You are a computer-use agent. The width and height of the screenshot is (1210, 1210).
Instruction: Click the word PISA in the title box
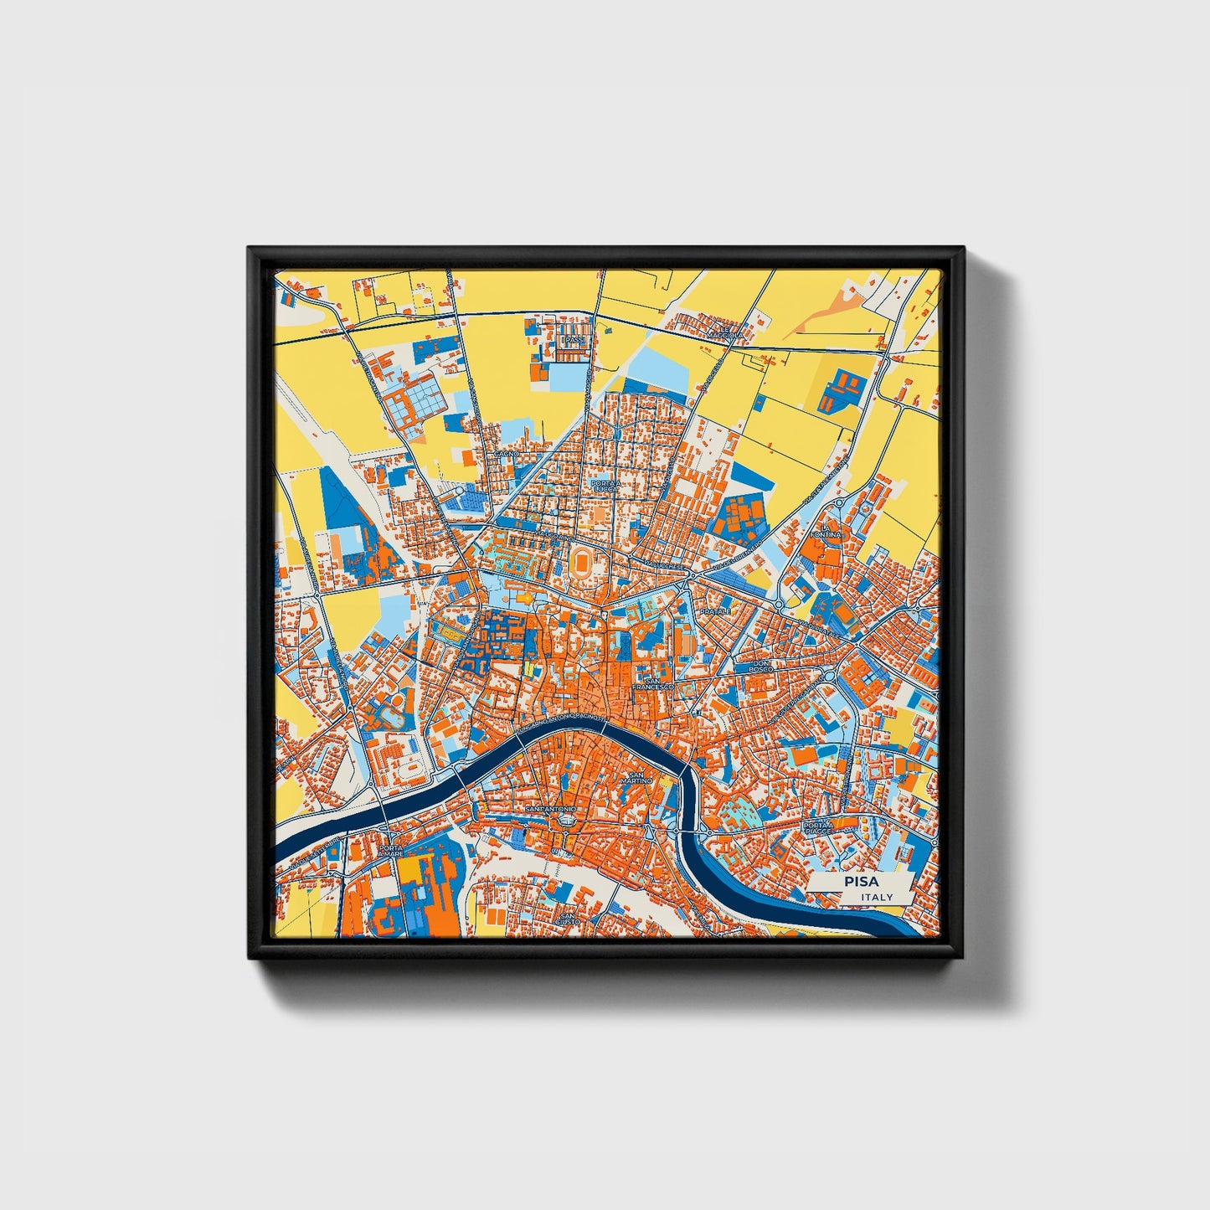point(861,882)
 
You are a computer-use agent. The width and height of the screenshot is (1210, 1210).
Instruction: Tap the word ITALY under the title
point(877,897)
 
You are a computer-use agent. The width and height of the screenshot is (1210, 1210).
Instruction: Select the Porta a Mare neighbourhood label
point(391,852)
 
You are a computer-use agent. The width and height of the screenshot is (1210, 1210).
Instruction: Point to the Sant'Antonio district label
point(549,811)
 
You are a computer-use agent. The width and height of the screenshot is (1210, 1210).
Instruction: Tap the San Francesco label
point(652,683)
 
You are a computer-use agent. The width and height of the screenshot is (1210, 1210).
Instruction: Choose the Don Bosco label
point(759,667)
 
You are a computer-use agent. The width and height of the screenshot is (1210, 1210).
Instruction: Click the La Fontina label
point(824,532)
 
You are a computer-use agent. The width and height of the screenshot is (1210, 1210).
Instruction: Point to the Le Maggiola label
point(724,335)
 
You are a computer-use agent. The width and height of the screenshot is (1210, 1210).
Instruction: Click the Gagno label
point(507,453)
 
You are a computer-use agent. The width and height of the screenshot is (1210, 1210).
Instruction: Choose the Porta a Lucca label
point(605,486)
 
